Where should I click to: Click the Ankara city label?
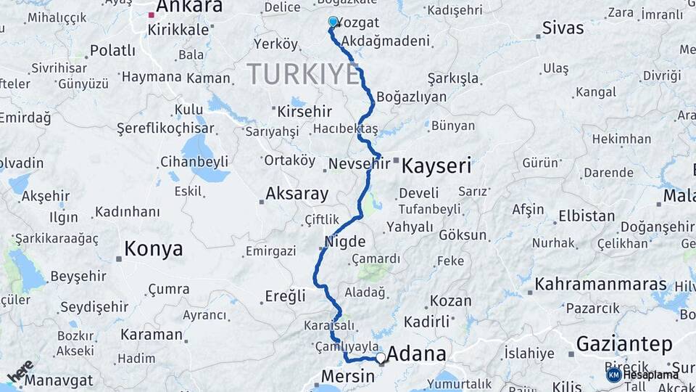point(189,7)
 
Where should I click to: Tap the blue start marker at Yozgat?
point(333,22)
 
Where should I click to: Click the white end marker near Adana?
point(381,357)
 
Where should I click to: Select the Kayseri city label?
point(436,166)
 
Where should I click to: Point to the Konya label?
point(153,250)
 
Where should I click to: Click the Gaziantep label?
point(624,344)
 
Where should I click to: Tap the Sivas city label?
point(563,28)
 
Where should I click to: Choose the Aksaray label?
point(297,194)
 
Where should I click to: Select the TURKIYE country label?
point(303,74)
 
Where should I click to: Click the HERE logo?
point(20,371)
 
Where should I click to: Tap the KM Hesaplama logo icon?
point(613,375)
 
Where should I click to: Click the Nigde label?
point(345,241)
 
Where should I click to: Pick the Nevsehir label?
point(360,164)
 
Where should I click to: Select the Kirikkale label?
point(178,30)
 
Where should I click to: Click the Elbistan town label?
point(586,216)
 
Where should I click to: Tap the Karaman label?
point(152,335)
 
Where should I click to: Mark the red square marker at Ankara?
point(152,15)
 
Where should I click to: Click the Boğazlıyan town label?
point(412,97)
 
